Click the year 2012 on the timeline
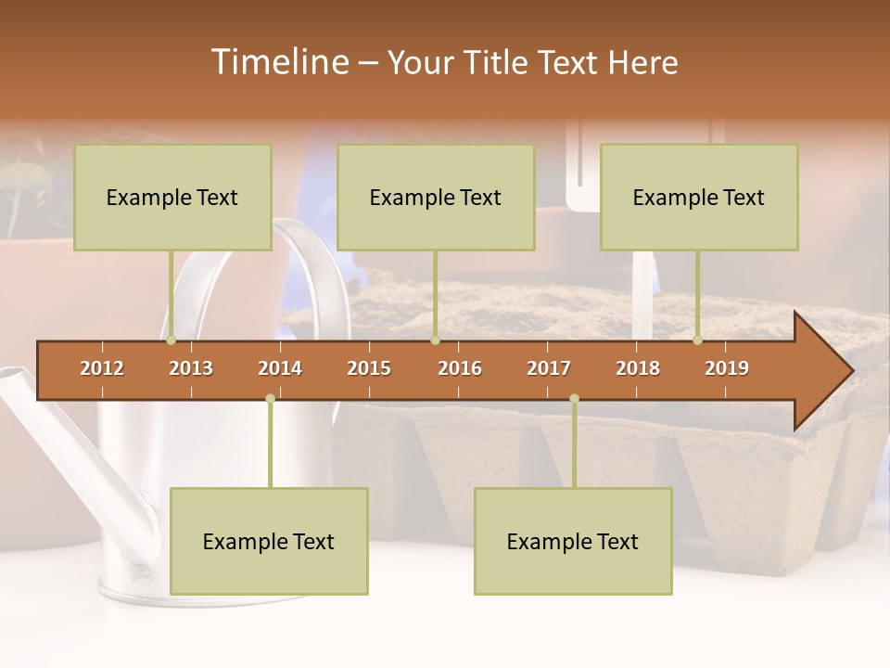pos(102,368)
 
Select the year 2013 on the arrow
pos(191,368)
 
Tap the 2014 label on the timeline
pos(280,368)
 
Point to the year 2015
pos(369,368)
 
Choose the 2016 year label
pos(460,368)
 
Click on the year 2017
pos(549,368)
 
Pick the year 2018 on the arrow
pos(638,368)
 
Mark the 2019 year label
pos(727,368)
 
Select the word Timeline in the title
pos(278,62)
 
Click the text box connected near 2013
pos(172,197)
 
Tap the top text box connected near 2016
pos(436,197)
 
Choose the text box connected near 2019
pos(699,197)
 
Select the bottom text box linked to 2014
pos(269,541)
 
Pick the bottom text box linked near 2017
pos(573,541)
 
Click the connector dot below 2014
pos(270,398)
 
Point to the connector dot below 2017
pos(574,398)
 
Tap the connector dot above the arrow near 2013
pos(171,340)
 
